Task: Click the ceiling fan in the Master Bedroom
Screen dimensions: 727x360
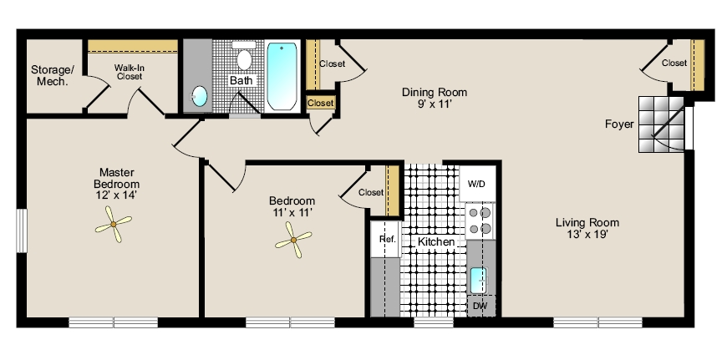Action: tap(113, 224)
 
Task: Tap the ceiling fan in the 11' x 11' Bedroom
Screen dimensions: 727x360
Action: tap(293, 240)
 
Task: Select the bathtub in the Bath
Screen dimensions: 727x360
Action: tap(282, 77)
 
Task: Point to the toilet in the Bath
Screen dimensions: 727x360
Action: tap(244, 56)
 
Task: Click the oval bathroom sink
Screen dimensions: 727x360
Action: tap(200, 96)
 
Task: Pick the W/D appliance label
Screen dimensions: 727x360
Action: tap(476, 184)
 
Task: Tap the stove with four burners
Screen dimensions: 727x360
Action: tap(480, 221)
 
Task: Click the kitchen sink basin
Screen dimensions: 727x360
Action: tap(479, 281)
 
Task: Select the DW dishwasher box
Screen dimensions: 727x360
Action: tap(480, 307)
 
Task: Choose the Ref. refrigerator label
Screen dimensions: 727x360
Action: tap(388, 239)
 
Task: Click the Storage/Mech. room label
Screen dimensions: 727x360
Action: tap(52, 76)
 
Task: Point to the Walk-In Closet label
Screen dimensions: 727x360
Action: tap(130, 72)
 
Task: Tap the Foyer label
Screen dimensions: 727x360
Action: tap(619, 124)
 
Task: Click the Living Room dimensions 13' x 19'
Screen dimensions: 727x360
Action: tap(587, 235)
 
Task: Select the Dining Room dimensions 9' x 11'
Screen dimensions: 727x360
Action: tap(434, 104)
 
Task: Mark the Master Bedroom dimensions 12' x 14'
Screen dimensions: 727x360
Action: tap(116, 195)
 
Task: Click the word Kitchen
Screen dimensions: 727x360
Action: tap(436, 241)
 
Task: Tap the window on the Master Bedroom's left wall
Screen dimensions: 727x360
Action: tap(22, 231)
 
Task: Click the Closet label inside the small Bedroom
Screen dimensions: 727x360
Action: tap(371, 192)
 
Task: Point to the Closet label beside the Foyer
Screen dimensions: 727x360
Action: tap(674, 63)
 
